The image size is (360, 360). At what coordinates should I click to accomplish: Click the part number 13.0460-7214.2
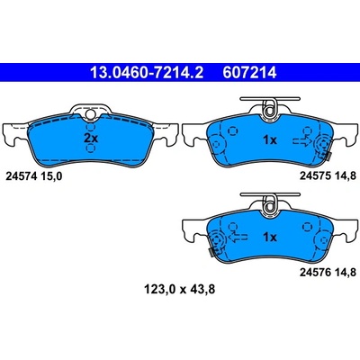(x=147, y=73)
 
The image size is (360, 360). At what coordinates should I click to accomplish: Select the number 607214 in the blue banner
(x=249, y=73)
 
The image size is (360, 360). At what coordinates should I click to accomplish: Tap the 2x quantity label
(x=91, y=139)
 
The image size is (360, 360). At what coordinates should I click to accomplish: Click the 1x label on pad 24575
(x=270, y=140)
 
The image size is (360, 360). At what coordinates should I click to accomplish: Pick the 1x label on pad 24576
(x=270, y=238)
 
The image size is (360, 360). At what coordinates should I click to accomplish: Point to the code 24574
(x=22, y=176)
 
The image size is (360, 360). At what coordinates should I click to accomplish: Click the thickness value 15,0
(x=50, y=176)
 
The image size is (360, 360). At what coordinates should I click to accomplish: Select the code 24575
(x=315, y=175)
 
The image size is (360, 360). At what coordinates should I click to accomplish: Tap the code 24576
(x=315, y=272)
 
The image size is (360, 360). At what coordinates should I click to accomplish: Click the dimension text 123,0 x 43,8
(x=179, y=290)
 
